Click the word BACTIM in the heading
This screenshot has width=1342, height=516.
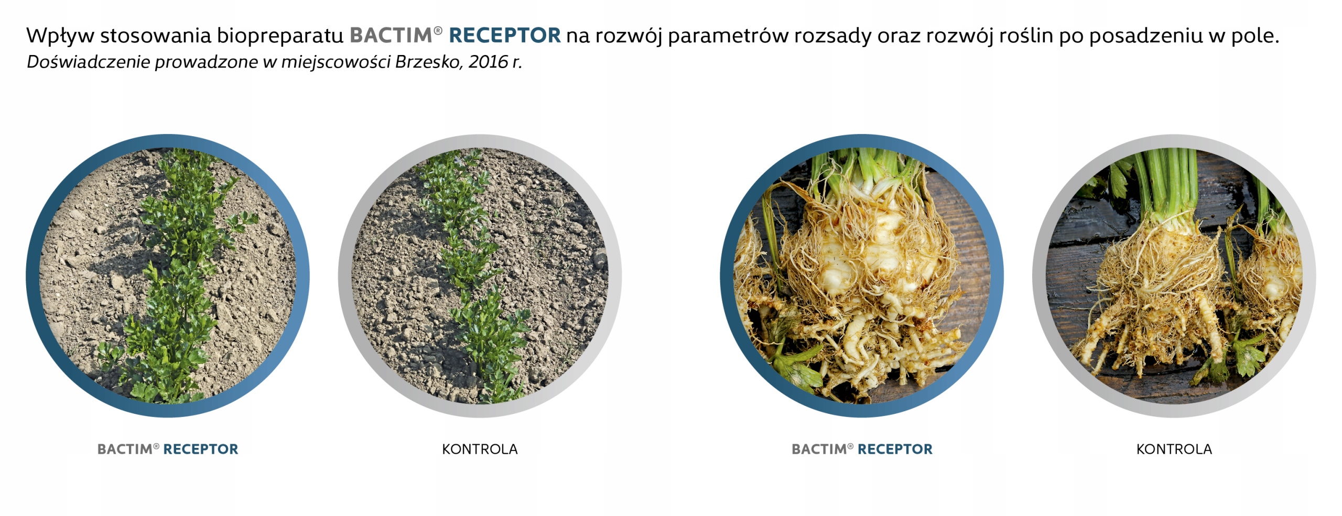pos(391,36)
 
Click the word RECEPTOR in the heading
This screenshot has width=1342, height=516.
pos(505,36)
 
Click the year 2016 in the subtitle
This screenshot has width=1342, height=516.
pos(489,62)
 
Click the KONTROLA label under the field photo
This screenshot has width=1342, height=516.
pos(480,449)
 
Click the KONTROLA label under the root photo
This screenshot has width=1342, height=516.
pos(1174,449)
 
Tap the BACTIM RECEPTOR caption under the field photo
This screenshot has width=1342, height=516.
pos(168,449)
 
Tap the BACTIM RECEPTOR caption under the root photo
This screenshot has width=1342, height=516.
pos(862,449)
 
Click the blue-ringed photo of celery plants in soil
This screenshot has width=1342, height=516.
pos(168,276)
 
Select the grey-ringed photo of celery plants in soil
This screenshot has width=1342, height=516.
pos(480,276)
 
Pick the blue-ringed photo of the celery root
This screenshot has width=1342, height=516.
pos(862,276)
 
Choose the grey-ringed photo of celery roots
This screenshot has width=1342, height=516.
pos(1174,276)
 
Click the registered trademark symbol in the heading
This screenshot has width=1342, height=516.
pos(438,30)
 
